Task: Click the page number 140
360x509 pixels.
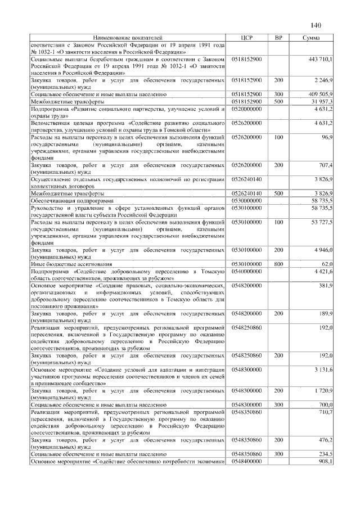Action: [x=315, y=25]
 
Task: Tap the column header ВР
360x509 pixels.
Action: [x=278, y=37]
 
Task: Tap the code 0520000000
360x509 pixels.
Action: [x=247, y=109]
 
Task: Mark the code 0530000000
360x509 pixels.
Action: [x=247, y=200]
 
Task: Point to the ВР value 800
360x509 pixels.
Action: [x=278, y=263]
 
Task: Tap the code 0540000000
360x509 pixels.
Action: [x=247, y=271]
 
